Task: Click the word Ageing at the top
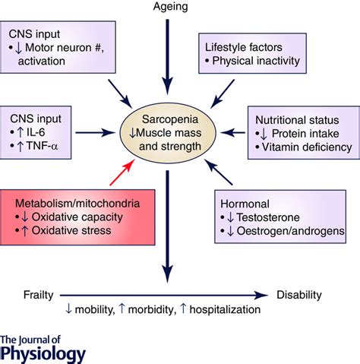pyautogui.click(x=170, y=7)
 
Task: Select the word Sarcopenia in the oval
pyautogui.click(x=170, y=119)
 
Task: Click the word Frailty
pyautogui.click(x=39, y=295)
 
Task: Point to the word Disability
pyautogui.click(x=299, y=295)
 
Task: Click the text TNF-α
pyautogui.click(x=42, y=146)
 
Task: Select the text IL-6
pyautogui.click(x=36, y=132)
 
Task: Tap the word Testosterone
pyautogui.click(x=268, y=217)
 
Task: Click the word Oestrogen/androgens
pyautogui.click(x=290, y=231)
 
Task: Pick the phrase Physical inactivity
pyautogui.click(x=256, y=61)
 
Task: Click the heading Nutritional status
pyautogui.click(x=297, y=120)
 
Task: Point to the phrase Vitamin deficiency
pyautogui.click(x=307, y=147)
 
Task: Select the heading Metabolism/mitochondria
pyautogui.click(x=77, y=204)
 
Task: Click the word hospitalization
pyautogui.click(x=225, y=309)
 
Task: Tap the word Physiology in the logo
pyautogui.click(x=43, y=354)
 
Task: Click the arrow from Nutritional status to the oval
pyautogui.click(x=232, y=132)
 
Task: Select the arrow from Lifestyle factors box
pyautogui.click(x=223, y=93)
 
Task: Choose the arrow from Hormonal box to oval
pyautogui.click(x=218, y=172)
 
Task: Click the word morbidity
pyautogui.click(x=152, y=309)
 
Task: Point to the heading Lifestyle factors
pyautogui.click(x=244, y=47)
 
